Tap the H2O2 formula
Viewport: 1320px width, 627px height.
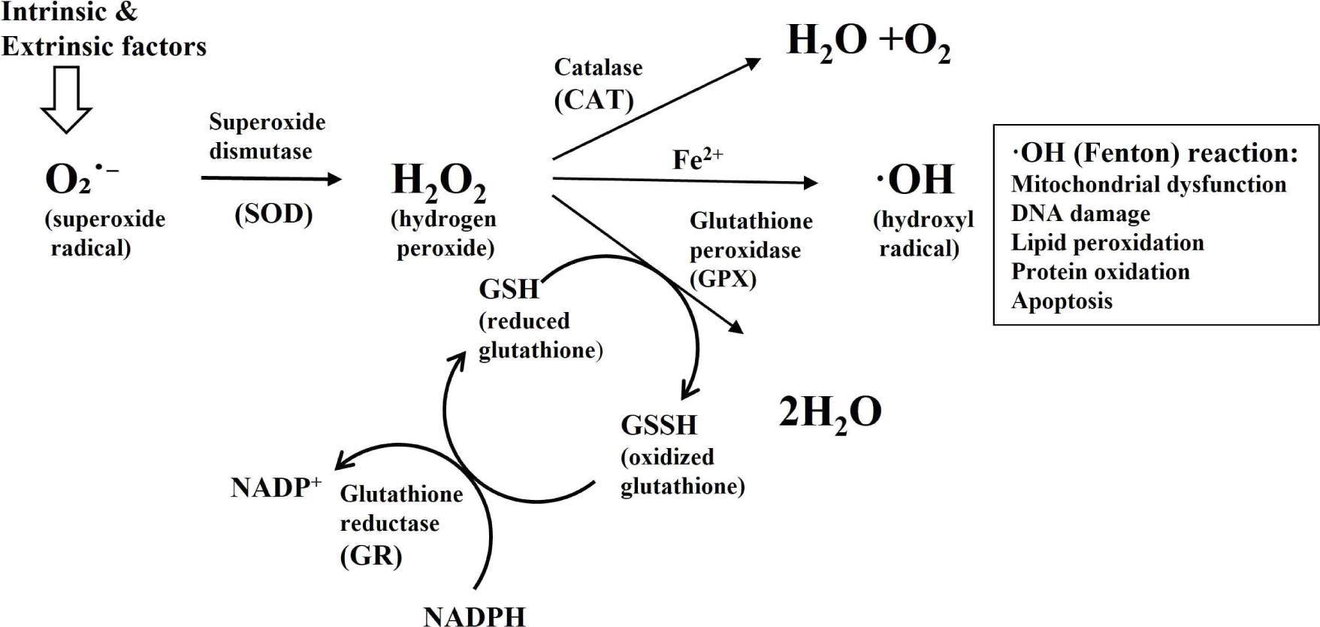pos(439,182)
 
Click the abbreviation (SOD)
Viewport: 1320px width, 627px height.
pos(273,214)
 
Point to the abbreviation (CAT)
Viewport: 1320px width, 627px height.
pos(594,99)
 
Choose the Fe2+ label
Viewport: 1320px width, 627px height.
pos(697,159)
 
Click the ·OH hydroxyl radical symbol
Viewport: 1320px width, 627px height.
pos(915,180)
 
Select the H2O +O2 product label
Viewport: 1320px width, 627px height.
pos(868,42)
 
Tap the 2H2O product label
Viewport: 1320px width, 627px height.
pos(829,413)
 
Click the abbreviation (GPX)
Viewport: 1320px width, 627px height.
pos(723,279)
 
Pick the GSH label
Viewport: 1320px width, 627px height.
pos(509,289)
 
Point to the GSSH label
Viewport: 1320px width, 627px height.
pos(659,426)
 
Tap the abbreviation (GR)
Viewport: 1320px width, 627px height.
pos(371,556)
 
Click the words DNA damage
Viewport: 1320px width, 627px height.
pos(1080,214)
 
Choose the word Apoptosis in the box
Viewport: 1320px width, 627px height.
pos(1062,301)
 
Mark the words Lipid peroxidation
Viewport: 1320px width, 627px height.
pos(1107,243)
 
